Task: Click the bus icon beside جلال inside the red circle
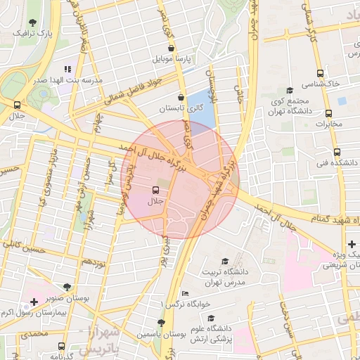tap(155, 190)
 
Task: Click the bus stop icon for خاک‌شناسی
tap(321, 72)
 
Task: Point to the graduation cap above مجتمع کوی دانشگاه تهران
tap(290, 90)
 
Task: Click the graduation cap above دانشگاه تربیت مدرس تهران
tap(224, 261)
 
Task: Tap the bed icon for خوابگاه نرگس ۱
tap(185, 293)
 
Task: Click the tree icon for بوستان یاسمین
tap(161, 322)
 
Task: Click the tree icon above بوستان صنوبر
tap(66, 287)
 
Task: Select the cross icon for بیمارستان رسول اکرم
tap(34, 301)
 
